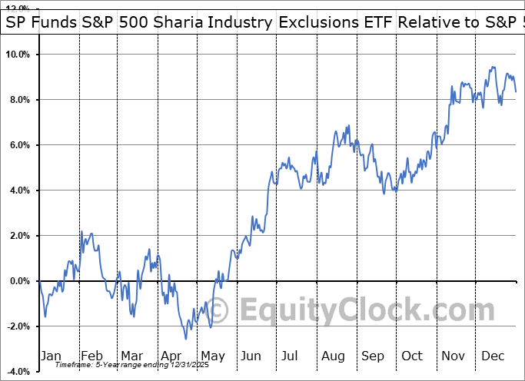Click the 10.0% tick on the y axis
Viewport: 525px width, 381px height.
coord(18,55)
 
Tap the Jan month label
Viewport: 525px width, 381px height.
coord(51,356)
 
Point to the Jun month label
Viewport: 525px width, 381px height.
coord(251,356)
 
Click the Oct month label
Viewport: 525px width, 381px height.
coord(412,356)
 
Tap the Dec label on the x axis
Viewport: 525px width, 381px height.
coord(492,356)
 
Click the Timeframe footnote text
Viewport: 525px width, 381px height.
coord(115,365)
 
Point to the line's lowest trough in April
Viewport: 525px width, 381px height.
coord(185,339)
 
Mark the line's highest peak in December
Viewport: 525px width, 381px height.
coord(492,68)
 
